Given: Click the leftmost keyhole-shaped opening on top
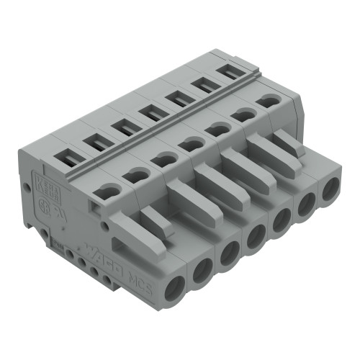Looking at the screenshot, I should point(107,190).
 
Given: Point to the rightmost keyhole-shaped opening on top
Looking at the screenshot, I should point(269,102).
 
